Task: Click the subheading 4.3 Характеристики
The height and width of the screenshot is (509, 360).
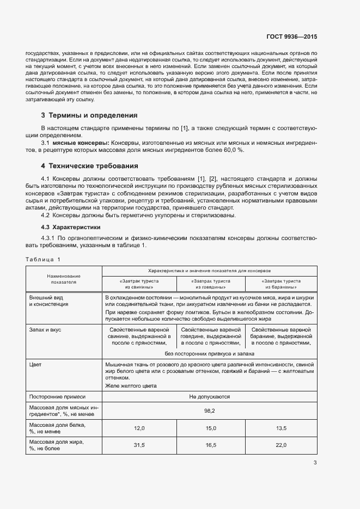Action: [x=72, y=227]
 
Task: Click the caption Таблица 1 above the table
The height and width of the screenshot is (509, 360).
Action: [x=44, y=259]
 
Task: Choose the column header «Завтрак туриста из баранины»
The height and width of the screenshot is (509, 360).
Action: [x=281, y=284]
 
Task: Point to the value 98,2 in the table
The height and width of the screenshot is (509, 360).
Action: [x=210, y=411]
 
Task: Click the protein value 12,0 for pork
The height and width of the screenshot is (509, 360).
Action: [x=139, y=428]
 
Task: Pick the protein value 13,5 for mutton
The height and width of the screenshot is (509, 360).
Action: [x=281, y=428]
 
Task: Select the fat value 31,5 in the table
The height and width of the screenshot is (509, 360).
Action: [x=139, y=445]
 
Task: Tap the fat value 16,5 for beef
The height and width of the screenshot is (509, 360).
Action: [x=211, y=445]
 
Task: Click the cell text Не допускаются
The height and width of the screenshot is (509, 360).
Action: [x=210, y=397]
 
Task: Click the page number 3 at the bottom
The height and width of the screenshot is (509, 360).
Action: [x=315, y=463]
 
